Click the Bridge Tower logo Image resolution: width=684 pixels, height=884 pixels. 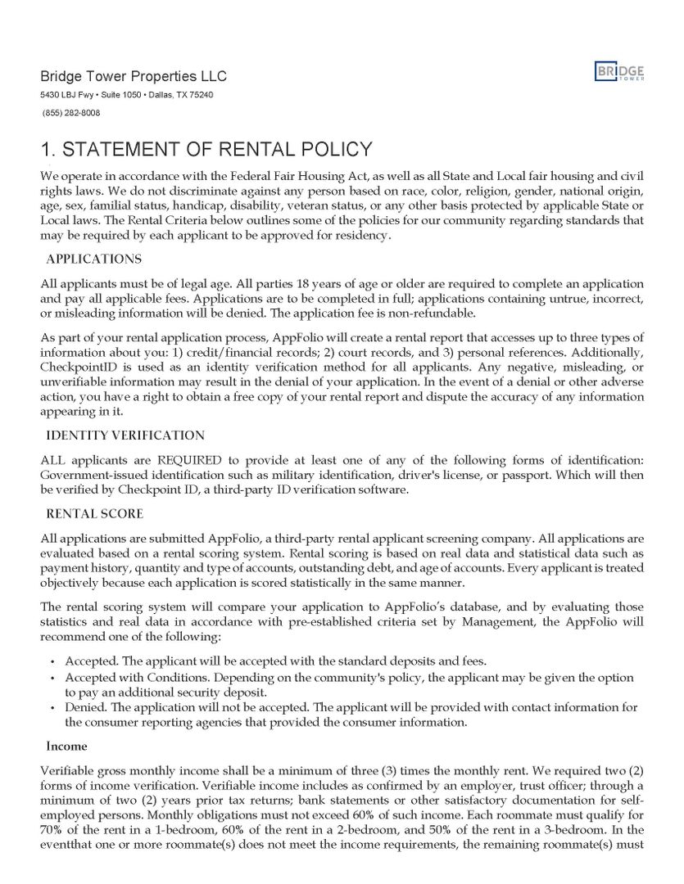pos(619,72)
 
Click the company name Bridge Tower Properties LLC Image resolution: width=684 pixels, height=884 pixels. pos(134,76)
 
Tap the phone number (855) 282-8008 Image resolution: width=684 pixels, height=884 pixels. pos(70,113)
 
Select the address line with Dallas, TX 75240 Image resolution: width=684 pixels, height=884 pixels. pos(127,95)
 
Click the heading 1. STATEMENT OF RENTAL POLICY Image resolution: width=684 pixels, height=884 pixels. pos(206,150)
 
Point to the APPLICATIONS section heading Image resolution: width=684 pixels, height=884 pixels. pos(93,259)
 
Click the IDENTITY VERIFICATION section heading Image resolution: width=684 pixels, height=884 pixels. pos(125,435)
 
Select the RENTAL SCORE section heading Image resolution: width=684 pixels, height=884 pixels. pos(94,514)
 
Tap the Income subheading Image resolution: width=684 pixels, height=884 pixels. pos(66,746)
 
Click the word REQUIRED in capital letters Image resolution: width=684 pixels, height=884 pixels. pos(189,459)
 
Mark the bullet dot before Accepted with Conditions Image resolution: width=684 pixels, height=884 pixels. pos(52,678)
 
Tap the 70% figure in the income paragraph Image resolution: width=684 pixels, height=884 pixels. pos(53,831)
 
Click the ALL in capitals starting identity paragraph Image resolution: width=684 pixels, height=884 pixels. pos(53,459)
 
